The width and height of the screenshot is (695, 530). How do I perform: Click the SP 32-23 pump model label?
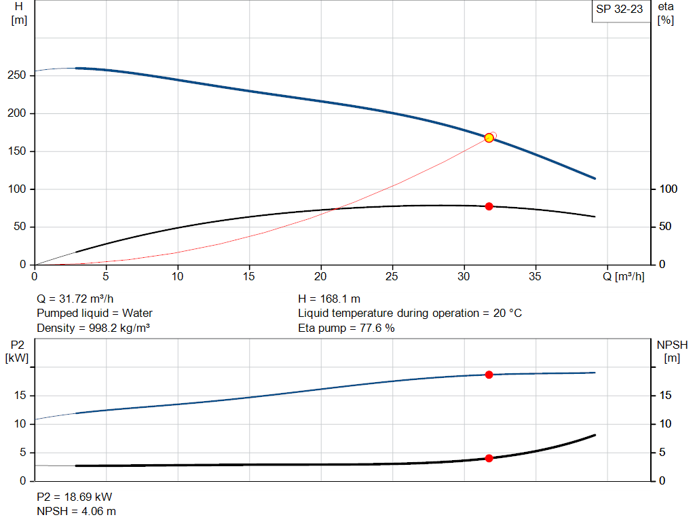pyautogui.click(x=619, y=10)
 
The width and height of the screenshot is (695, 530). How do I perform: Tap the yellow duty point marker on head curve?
pyautogui.click(x=489, y=138)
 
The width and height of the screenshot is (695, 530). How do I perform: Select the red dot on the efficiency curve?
pyautogui.click(x=489, y=206)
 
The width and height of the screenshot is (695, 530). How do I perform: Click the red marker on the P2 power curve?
pyautogui.click(x=489, y=375)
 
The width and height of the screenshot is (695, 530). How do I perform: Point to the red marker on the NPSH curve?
pyautogui.click(x=489, y=459)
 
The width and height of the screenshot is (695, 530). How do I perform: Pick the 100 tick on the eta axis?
pyautogui.click(x=669, y=189)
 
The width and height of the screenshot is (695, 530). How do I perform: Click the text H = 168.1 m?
pyautogui.click(x=329, y=299)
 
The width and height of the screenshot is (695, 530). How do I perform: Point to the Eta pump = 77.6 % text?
pyautogui.click(x=346, y=328)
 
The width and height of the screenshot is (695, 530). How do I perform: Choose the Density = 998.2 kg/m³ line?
pyautogui.click(x=93, y=328)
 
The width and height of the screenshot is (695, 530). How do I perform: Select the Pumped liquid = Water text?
pyautogui.click(x=94, y=314)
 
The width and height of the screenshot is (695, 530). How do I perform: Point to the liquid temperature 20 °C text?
pyautogui.click(x=410, y=314)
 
